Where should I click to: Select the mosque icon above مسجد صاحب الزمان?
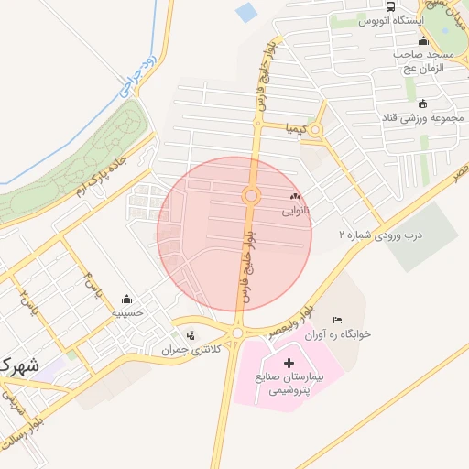coord(423,41)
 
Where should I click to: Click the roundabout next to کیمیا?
coord(317,130)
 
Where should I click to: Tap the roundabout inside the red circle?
coord(250,196)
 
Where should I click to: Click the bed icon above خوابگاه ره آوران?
coord(338,319)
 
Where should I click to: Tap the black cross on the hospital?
coord(289,364)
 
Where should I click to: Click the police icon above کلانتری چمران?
coord(191,334)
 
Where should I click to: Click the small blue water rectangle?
coord(246,13)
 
